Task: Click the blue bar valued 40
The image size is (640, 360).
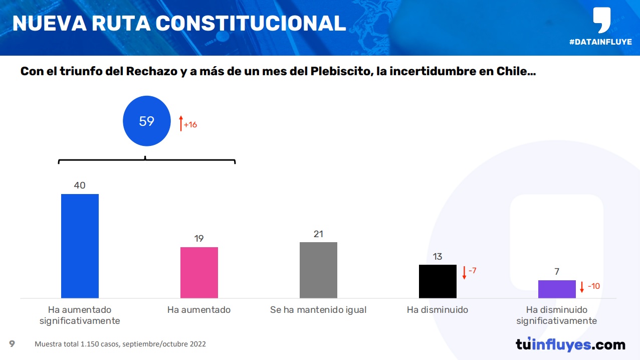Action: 80,246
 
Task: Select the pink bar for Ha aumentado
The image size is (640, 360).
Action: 199,272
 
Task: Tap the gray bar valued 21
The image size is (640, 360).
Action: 318,270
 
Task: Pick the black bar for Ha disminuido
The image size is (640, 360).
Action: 438,281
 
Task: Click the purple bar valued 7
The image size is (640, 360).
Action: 557,289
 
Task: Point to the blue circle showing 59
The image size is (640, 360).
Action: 146,121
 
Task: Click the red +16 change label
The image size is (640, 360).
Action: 190,124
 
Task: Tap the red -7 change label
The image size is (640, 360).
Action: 472,271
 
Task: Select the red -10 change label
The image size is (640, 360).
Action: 593,286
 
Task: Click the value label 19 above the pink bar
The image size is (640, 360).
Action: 199,239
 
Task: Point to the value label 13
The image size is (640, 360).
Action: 438,257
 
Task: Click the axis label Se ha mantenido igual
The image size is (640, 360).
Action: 318,310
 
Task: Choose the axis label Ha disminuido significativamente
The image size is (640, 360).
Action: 557,315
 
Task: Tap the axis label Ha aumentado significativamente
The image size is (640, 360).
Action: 80,315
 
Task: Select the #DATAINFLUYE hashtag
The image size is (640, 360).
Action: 600,42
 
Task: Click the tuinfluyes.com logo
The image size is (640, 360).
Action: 570,344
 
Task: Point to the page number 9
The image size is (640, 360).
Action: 12,344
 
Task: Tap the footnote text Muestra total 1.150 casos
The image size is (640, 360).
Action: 77,344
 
